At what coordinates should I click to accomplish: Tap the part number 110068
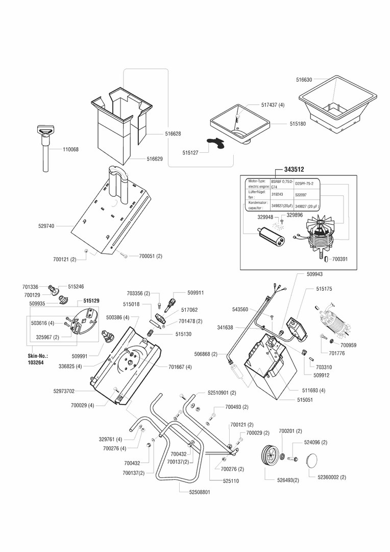[71, 150]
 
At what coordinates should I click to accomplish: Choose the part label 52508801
[193, 492]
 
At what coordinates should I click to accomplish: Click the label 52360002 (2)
[331, 477]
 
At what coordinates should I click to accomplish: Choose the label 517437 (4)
[273, 105]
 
